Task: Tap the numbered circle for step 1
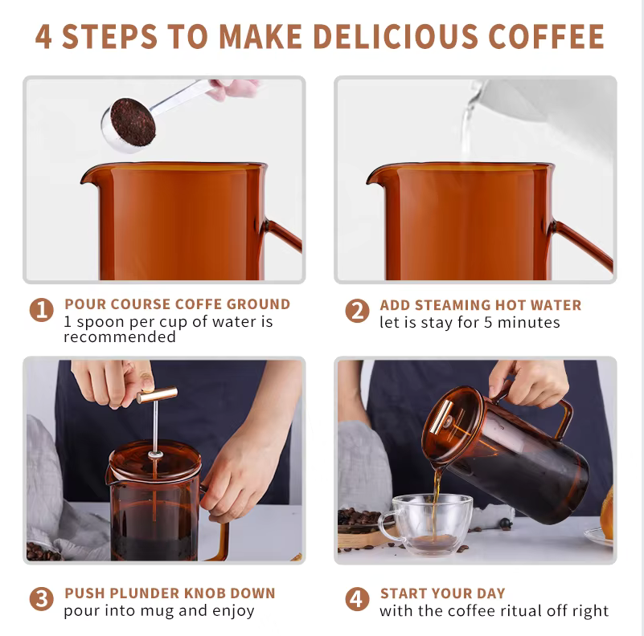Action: [x=42, y=309]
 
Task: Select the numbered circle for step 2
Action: [x=357, y=311]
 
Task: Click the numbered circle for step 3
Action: [x=42, y=599]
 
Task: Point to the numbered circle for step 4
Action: [x=357, y=599]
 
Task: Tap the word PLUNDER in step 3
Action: [x=144, y=593]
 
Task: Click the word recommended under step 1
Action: [x=120, y=337]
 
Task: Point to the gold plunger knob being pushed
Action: [x=157, y=395]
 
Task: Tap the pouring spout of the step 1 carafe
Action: [x=87, y=177]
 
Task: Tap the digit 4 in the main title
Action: [x=43, y=36]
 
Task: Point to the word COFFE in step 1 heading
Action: [x=199, y=304]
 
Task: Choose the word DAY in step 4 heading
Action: [x=490, y=593]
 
